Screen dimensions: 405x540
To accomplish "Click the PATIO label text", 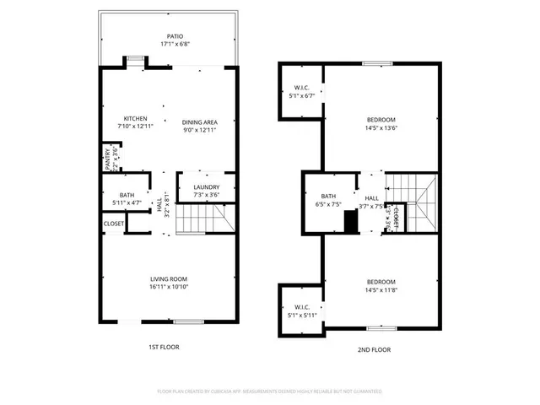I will (x=175, y=36).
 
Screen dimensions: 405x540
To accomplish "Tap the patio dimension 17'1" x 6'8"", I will (x=175, y=44).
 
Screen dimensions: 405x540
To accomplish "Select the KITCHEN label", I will (x=135, y=118).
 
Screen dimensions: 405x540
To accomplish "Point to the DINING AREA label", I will (x=200, y=121).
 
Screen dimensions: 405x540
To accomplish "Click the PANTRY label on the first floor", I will (x=107, y=159).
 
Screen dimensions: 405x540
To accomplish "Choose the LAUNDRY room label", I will (x=207, y=187).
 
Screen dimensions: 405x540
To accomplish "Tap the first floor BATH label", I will (x=127, y=195).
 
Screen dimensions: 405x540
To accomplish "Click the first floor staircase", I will (x=205, y=222).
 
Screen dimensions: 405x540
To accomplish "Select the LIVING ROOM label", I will (x=169, y=279).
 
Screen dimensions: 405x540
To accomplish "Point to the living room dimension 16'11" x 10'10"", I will (x=169, y=287).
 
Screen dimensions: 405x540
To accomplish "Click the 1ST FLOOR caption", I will (x=164, y=347).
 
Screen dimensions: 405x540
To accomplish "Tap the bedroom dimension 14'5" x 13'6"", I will (x=381, y=128).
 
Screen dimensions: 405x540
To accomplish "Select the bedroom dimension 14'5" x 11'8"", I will (x=381, y=289).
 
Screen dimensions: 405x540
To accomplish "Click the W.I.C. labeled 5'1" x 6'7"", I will (x=301, y=92).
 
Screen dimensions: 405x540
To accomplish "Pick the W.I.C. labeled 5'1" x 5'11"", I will (x=301, y=311).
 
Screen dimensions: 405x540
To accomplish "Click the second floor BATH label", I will (x=328, y=197).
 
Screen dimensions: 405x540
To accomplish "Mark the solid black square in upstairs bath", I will (x=350, y=220).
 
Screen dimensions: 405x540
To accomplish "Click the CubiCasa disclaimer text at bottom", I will (x=270, y=391).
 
